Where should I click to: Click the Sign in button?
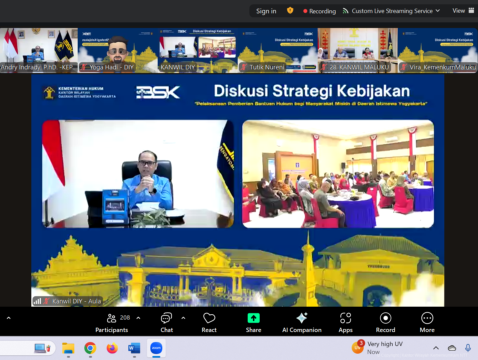click(266, 11)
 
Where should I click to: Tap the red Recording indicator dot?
click(305, 11)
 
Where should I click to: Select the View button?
click(463, 11)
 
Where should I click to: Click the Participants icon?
click(112, 318)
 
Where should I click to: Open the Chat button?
click(166, 318)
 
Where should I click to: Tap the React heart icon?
click(209, 318)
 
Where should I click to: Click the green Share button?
click(253, 318)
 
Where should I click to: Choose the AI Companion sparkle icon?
click(302, 318)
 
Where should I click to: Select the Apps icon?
click(345, 318)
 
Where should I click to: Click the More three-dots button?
click(427, 318)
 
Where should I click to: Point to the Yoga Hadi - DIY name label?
click(111, 67)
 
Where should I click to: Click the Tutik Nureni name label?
click(267, 67)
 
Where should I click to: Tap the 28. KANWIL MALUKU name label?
click(359, 67)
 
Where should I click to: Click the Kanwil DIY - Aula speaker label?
click(76, 301)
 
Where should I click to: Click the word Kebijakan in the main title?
click(373, 91)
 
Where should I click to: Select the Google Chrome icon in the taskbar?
click(90, 348)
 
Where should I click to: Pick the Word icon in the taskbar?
click(134, 348)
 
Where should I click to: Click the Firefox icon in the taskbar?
click(112, 348)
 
